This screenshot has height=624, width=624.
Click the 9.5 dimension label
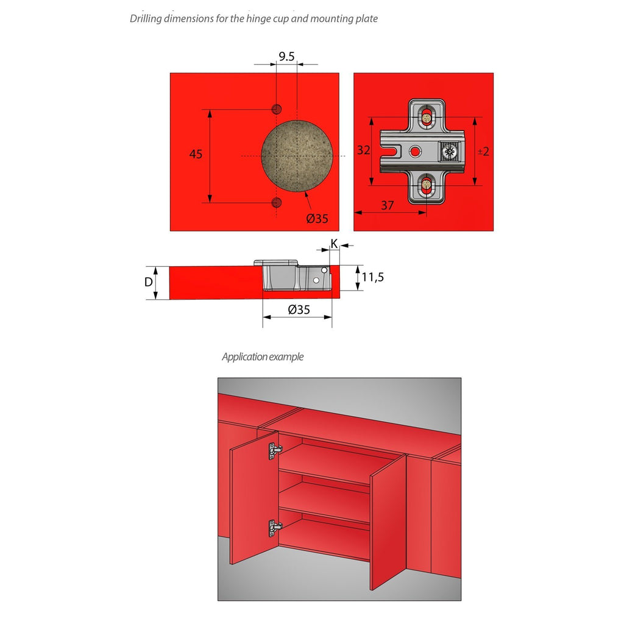286,57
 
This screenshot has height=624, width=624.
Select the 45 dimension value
196,154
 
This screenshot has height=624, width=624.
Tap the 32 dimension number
363,150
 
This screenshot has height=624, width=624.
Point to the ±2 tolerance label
483,151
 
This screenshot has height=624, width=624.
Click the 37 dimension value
388,205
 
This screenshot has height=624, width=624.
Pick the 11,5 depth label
373,277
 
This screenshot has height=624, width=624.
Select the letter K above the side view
335,244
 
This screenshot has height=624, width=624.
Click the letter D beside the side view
149,282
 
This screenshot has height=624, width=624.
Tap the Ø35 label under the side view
299,309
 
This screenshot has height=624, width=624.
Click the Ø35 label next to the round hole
317,218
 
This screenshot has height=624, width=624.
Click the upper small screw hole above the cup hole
276,109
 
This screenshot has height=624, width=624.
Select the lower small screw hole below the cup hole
276,202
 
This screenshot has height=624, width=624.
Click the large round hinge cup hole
297,156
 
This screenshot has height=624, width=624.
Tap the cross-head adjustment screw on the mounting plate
450,152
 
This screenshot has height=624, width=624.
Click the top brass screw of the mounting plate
426,118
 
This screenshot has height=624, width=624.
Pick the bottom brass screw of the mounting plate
426,185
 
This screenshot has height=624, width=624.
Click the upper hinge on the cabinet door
275,450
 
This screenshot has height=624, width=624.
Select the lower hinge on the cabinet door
275,528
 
